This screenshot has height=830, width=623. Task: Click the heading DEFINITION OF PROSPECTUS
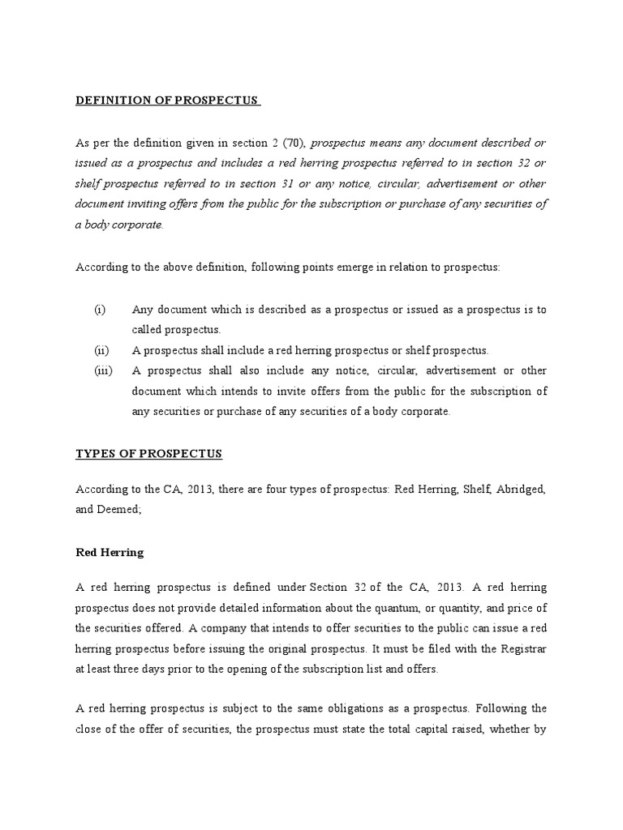166,101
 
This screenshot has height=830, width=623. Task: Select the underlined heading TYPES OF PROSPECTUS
148,454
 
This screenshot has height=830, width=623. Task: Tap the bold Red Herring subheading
110,552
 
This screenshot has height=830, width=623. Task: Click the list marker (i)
100,310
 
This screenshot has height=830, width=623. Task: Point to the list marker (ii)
101,350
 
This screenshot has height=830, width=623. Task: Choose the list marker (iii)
103,370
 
